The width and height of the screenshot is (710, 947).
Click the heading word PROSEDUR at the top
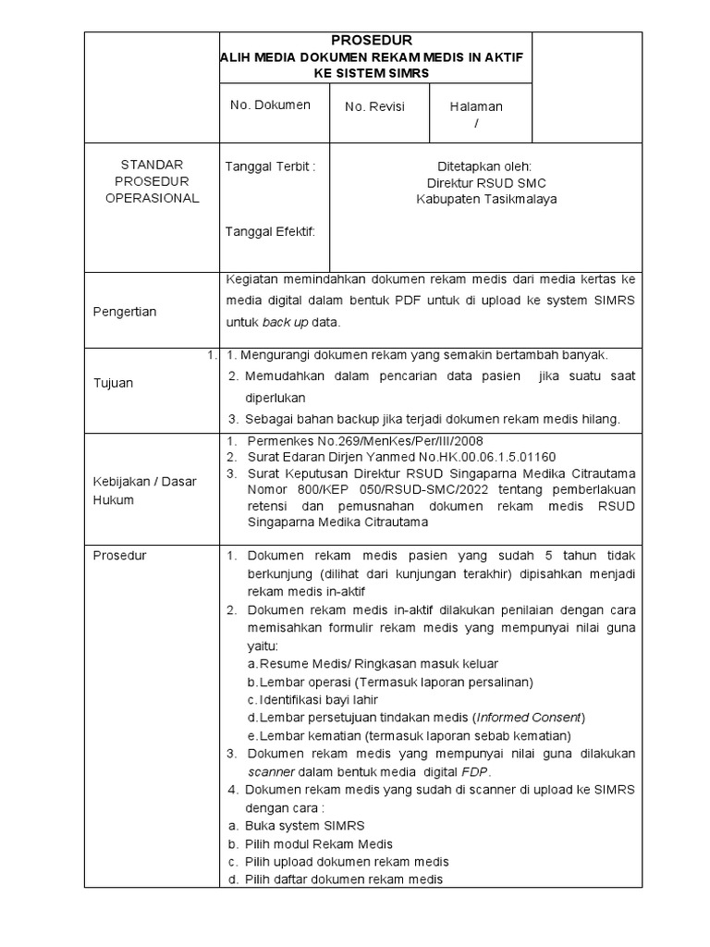click(372, 41)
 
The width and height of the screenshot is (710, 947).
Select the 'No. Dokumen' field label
click(270, 105)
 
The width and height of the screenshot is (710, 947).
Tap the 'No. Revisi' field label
click(374, 107)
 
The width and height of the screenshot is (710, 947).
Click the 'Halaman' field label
click(476, 107)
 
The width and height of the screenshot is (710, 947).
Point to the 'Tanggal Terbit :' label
click(271, 166)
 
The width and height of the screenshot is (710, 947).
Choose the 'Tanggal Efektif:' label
click(271, 231)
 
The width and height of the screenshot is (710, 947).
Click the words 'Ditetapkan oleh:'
click(485, 166)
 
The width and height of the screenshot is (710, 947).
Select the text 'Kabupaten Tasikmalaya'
click(485, 199)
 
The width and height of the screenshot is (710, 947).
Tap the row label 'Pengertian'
click(125, 312)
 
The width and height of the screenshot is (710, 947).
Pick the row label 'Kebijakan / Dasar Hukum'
click(143, 491)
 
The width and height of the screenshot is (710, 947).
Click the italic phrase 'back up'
click(285, 323)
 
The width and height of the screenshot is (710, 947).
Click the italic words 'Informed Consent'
click(529, 718)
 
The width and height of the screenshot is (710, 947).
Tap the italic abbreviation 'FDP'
click(477, 771)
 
